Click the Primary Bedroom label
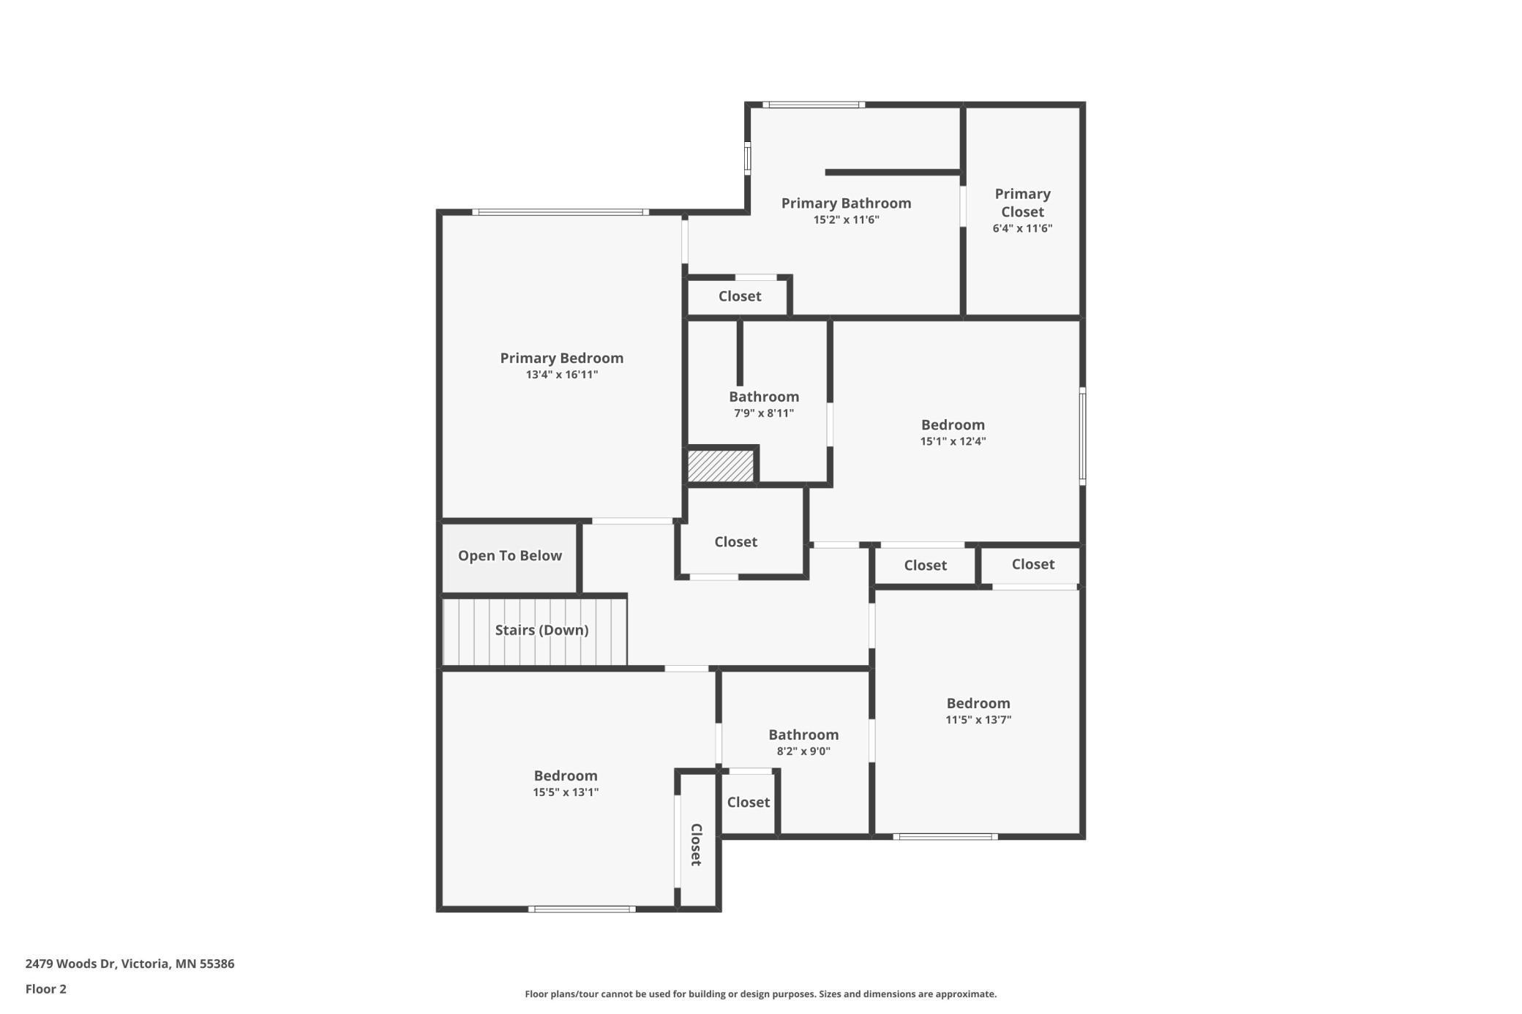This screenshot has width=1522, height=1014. click(561, 358)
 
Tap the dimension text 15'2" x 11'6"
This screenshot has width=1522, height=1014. click(846, 219)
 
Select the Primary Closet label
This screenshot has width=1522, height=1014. click(1022, 203)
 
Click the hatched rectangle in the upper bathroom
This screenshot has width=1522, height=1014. click(721, 466)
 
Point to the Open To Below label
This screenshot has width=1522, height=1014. click(509, 555)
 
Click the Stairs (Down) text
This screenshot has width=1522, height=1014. click(541, 630)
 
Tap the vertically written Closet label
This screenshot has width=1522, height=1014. click(697, 844)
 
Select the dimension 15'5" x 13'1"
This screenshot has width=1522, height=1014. click(566, 792)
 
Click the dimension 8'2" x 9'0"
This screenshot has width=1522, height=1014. click(803, 751)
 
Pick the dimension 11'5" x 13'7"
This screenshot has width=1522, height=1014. click(978, 719)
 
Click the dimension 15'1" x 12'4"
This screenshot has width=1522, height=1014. click(953, 441)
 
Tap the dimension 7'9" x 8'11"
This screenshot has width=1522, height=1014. click(764, 413)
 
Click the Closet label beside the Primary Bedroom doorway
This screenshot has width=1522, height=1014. click(735, 541)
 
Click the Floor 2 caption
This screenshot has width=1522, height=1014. click(45, 989)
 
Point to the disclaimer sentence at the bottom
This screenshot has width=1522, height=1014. click(760, 994)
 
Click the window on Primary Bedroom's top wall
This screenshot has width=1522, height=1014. click(561, 212)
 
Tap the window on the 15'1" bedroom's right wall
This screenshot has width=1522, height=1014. click(1082, 435)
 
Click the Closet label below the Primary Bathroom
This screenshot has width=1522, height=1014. click(739, 296)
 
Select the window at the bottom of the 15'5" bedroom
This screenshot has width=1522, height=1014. click(582, 909)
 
